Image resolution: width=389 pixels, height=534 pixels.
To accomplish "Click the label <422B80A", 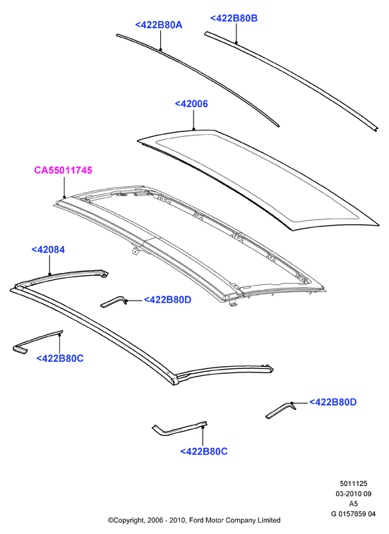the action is coord(159,25).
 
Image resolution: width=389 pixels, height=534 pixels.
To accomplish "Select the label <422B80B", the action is coord(234,18).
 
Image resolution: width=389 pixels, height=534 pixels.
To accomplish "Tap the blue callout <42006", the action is coord(191,104).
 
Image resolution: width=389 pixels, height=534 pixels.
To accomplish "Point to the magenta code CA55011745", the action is coord(63,170).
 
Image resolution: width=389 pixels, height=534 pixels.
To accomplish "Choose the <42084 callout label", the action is coord(48,250).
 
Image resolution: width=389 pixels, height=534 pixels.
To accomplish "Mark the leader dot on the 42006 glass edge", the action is coord(193,129).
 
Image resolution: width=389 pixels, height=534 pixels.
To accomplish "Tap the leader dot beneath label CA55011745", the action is coord(64,197).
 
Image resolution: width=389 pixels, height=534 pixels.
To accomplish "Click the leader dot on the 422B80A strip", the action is coord(160,49).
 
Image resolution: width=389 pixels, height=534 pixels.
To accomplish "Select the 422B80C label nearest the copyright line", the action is coord(204,451).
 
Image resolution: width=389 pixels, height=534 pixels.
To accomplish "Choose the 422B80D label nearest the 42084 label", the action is coord(167,300).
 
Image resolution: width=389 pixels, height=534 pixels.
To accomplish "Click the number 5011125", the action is coord(354,484).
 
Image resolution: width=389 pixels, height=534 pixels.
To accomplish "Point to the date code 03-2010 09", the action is coord(354,494).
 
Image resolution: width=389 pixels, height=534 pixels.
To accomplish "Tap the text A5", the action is coord(354,504).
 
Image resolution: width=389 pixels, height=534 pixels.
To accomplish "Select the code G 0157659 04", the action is coord(354,514).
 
